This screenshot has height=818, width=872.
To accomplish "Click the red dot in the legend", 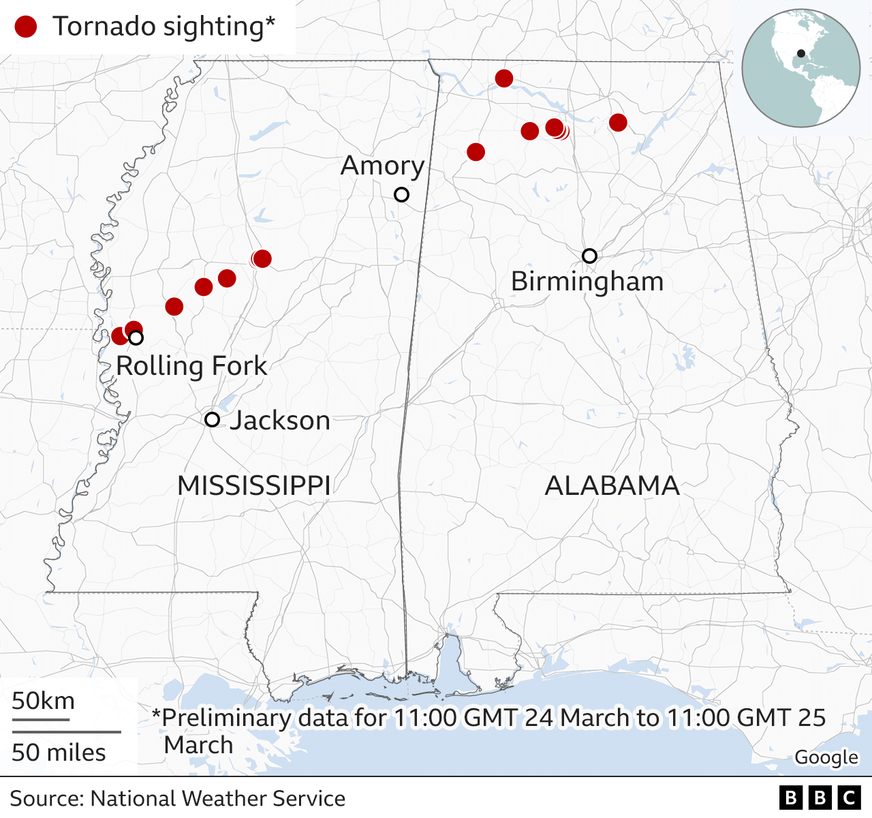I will (26, 27).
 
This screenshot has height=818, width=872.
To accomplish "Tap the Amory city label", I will (382, 166).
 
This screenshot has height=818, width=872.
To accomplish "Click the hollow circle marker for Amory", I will (402, 195).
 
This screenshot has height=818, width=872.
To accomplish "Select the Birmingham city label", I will (587, 282).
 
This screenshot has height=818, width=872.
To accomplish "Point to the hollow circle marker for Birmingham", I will (590, 256).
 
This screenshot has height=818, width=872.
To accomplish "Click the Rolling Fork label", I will (191, 366).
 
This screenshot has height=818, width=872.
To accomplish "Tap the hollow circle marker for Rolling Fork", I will (136, 337).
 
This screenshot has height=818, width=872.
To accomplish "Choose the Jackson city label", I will (279, 421).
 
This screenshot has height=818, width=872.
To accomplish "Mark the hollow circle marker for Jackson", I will (213, 419).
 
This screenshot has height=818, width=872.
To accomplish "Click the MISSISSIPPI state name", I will (254, 486).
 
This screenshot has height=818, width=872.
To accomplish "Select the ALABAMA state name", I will (612, 486).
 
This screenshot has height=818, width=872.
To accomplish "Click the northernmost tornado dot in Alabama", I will (504, 78).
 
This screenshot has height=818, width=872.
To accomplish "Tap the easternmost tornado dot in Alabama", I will (618, 123).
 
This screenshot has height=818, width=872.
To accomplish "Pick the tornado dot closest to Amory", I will (476, 152).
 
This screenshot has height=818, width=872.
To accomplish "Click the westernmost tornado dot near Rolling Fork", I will (119, 336).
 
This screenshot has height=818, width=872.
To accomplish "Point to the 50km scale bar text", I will (43, 701).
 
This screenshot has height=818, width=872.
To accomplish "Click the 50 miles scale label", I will (59, 753).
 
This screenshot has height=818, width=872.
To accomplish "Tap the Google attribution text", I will (826, 757).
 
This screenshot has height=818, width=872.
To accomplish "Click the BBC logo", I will (820, 798).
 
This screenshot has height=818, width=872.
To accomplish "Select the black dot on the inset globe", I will (801, 54).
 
